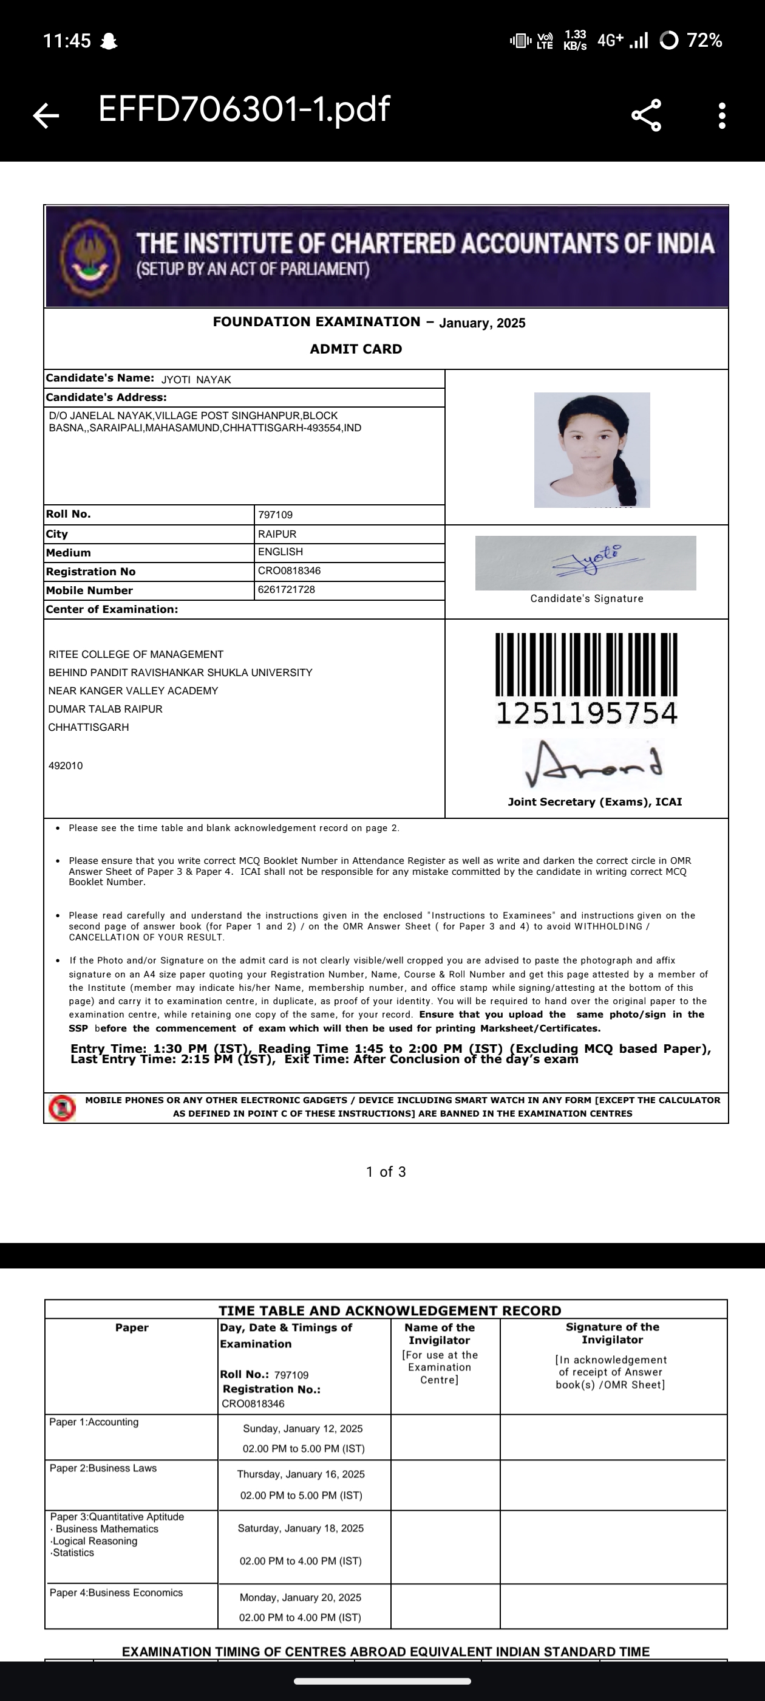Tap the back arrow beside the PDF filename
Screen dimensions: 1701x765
pos(46,115)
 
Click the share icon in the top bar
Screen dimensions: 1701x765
pos(646,115)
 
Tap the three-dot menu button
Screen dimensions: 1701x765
pos(722,115)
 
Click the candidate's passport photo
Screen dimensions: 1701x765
pos(591,450)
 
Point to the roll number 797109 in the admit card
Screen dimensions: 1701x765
pos(275,515)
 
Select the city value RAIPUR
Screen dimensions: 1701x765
pos(277,534)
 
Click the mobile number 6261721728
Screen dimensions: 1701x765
pos(287,590)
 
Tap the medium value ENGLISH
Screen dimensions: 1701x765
pos(280,552)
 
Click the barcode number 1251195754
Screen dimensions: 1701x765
pos(586,713)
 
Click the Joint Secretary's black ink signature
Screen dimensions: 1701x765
pos(593,764)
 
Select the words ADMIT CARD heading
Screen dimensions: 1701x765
pos(356,349)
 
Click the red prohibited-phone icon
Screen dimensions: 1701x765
pos(62,1107)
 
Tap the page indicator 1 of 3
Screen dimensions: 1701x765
pos(386,1171)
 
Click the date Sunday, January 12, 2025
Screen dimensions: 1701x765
pos(303,1428)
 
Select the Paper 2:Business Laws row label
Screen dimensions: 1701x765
pos(103,1468)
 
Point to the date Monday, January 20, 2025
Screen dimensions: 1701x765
pos(301,1597)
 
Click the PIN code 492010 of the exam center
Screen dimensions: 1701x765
pos(66,766)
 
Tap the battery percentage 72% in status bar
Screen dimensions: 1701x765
pos(704,41)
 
